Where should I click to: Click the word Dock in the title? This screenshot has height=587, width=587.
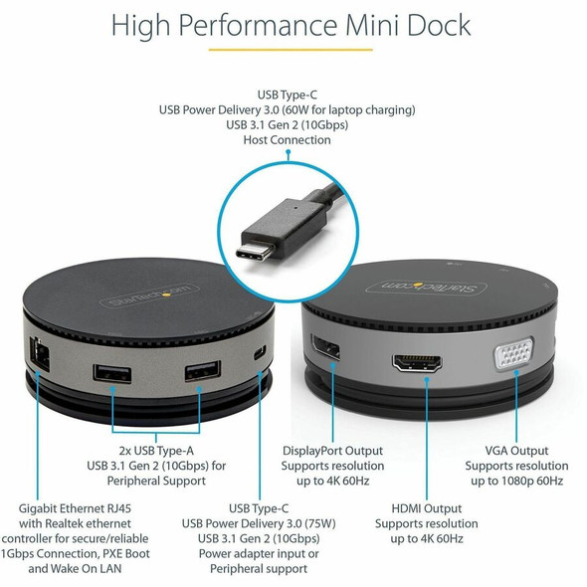point(439,25)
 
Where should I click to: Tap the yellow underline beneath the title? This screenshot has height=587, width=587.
point(291,50)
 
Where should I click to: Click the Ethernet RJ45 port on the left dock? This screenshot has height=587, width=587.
point(40,354)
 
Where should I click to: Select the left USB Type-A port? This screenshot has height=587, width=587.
point(112,374)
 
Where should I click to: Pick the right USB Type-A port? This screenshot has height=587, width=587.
point(203,371)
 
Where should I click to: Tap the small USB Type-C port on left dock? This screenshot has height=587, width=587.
point(260,352)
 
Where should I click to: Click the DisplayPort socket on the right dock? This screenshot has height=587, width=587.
point(325,348)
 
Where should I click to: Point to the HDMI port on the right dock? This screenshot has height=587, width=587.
point(417,363)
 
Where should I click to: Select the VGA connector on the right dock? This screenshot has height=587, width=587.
point(514,353)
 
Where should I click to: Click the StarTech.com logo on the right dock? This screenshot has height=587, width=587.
point(426,288)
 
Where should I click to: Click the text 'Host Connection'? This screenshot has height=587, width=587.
point(288,140)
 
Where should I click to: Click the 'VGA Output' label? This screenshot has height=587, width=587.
point(516,451)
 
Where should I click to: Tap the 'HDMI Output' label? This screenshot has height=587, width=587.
point(427,508)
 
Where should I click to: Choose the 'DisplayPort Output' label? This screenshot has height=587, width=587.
point(333,451)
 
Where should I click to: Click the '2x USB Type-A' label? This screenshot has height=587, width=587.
point(156,451)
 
